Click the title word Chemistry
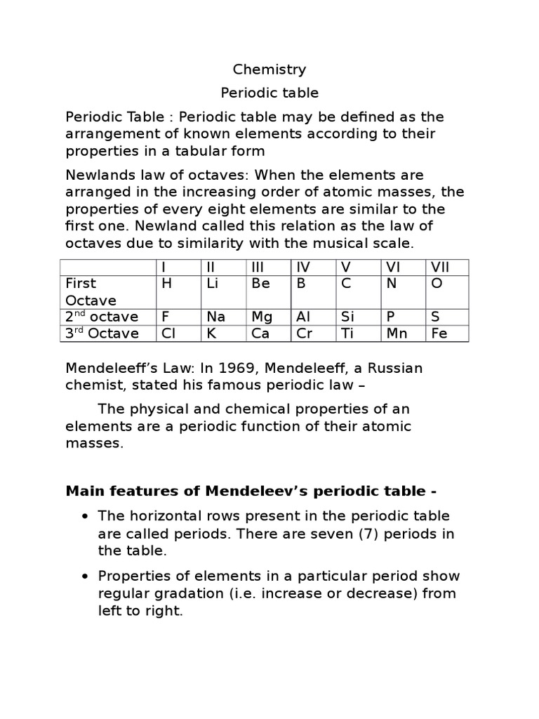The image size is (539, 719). pyautogui.click(x=269, y=70)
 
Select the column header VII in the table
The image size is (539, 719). pyautogui.click(x=439, y=267)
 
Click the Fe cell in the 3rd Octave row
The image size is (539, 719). pyautogui.click(x=439, y=334)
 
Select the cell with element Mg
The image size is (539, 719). pyautogui.click(x=261, y=317)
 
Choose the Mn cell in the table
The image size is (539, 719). pyautogui.click(x=397, y=334)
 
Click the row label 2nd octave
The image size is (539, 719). pyautogui.click(x=102, y=317)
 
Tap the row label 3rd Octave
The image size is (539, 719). pyautogui.click(x=102, y=334)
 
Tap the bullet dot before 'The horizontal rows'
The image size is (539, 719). pyautogui.click(x=84, y=517)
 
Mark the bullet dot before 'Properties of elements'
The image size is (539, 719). pyautogui.click(x=84, y=576)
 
